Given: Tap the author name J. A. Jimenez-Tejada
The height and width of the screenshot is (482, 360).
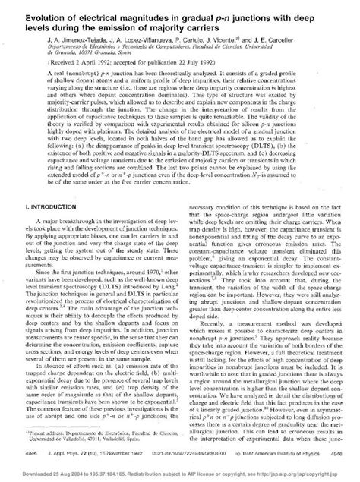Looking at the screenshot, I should tap(59, 38).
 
